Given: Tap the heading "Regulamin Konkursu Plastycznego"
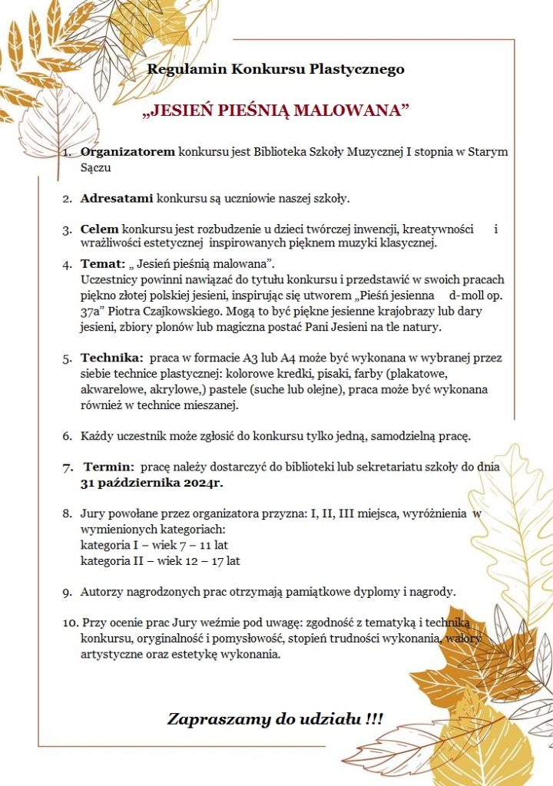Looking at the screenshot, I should pyautogui.click(x=276, y=70).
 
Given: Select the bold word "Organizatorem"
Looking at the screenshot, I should pyautogui.click(x=127, y=152).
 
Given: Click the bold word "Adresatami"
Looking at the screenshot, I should pyautogui.click(x=117, y=199).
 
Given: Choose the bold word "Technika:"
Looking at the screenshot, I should pyautogui.click(x=111, y=358).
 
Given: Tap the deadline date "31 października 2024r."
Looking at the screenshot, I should pyautogui.click(x=157, y=484).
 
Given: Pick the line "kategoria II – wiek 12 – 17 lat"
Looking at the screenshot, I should pyautogui.click(x=161, y=561).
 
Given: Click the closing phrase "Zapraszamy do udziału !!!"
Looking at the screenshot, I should pyautogui.click(x=275, y=719).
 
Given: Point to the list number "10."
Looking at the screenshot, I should pyautogui.click(x=71, y=622).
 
